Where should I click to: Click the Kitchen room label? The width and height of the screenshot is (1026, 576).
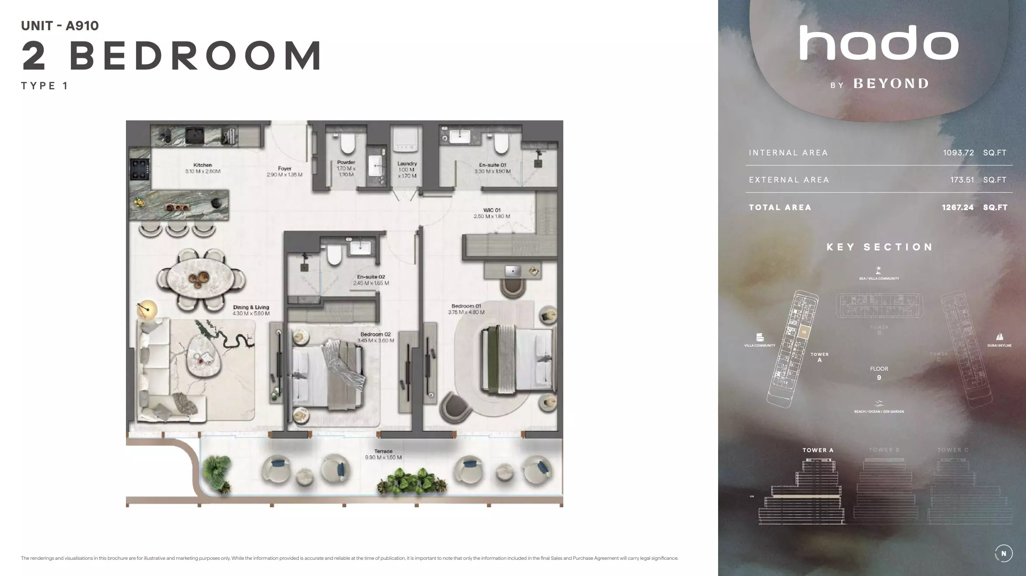pyautogui.click(x=202, y=165)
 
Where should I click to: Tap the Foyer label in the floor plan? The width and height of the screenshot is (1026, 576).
pyautogui.click(x=284, y=169)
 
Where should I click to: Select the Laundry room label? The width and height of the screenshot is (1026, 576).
pyautogui.click(x=407, y=164)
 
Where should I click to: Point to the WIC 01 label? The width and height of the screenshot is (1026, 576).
pyautogui.click(x=492, y=210)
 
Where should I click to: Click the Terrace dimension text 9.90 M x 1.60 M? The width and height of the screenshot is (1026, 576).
pyautogui.click(x=383, y=457)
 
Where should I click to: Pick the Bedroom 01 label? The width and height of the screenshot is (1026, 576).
pyautogui.click(x=466, y=306)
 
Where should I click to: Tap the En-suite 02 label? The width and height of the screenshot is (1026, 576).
pyautogui.click(x=371, y=277)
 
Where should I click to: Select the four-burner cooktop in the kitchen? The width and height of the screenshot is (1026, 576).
pyautogui.click(x=140, y=169)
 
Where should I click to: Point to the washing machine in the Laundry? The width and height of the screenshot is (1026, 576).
pyautogui.click(x=406, y=141)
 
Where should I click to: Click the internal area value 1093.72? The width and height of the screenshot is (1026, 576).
pyautogui.click(x=958, y=153)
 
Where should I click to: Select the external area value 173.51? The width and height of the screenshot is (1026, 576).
pyautogui.click(x=962, y=180)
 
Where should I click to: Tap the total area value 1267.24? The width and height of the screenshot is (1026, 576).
pyautogui.click(x=957, y=207)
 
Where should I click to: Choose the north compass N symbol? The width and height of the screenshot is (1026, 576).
pyautogui.click(x=1003, y=554)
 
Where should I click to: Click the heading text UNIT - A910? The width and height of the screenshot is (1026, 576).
pyautogui.click(x=60, y=26)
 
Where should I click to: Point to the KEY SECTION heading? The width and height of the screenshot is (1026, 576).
pyautogui.click(x=879, y=247)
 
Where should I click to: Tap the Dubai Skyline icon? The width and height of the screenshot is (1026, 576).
pyautogui.click(x=999, y=337)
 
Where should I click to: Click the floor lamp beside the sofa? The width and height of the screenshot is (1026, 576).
pyautogui.click(x=147, y=309)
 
